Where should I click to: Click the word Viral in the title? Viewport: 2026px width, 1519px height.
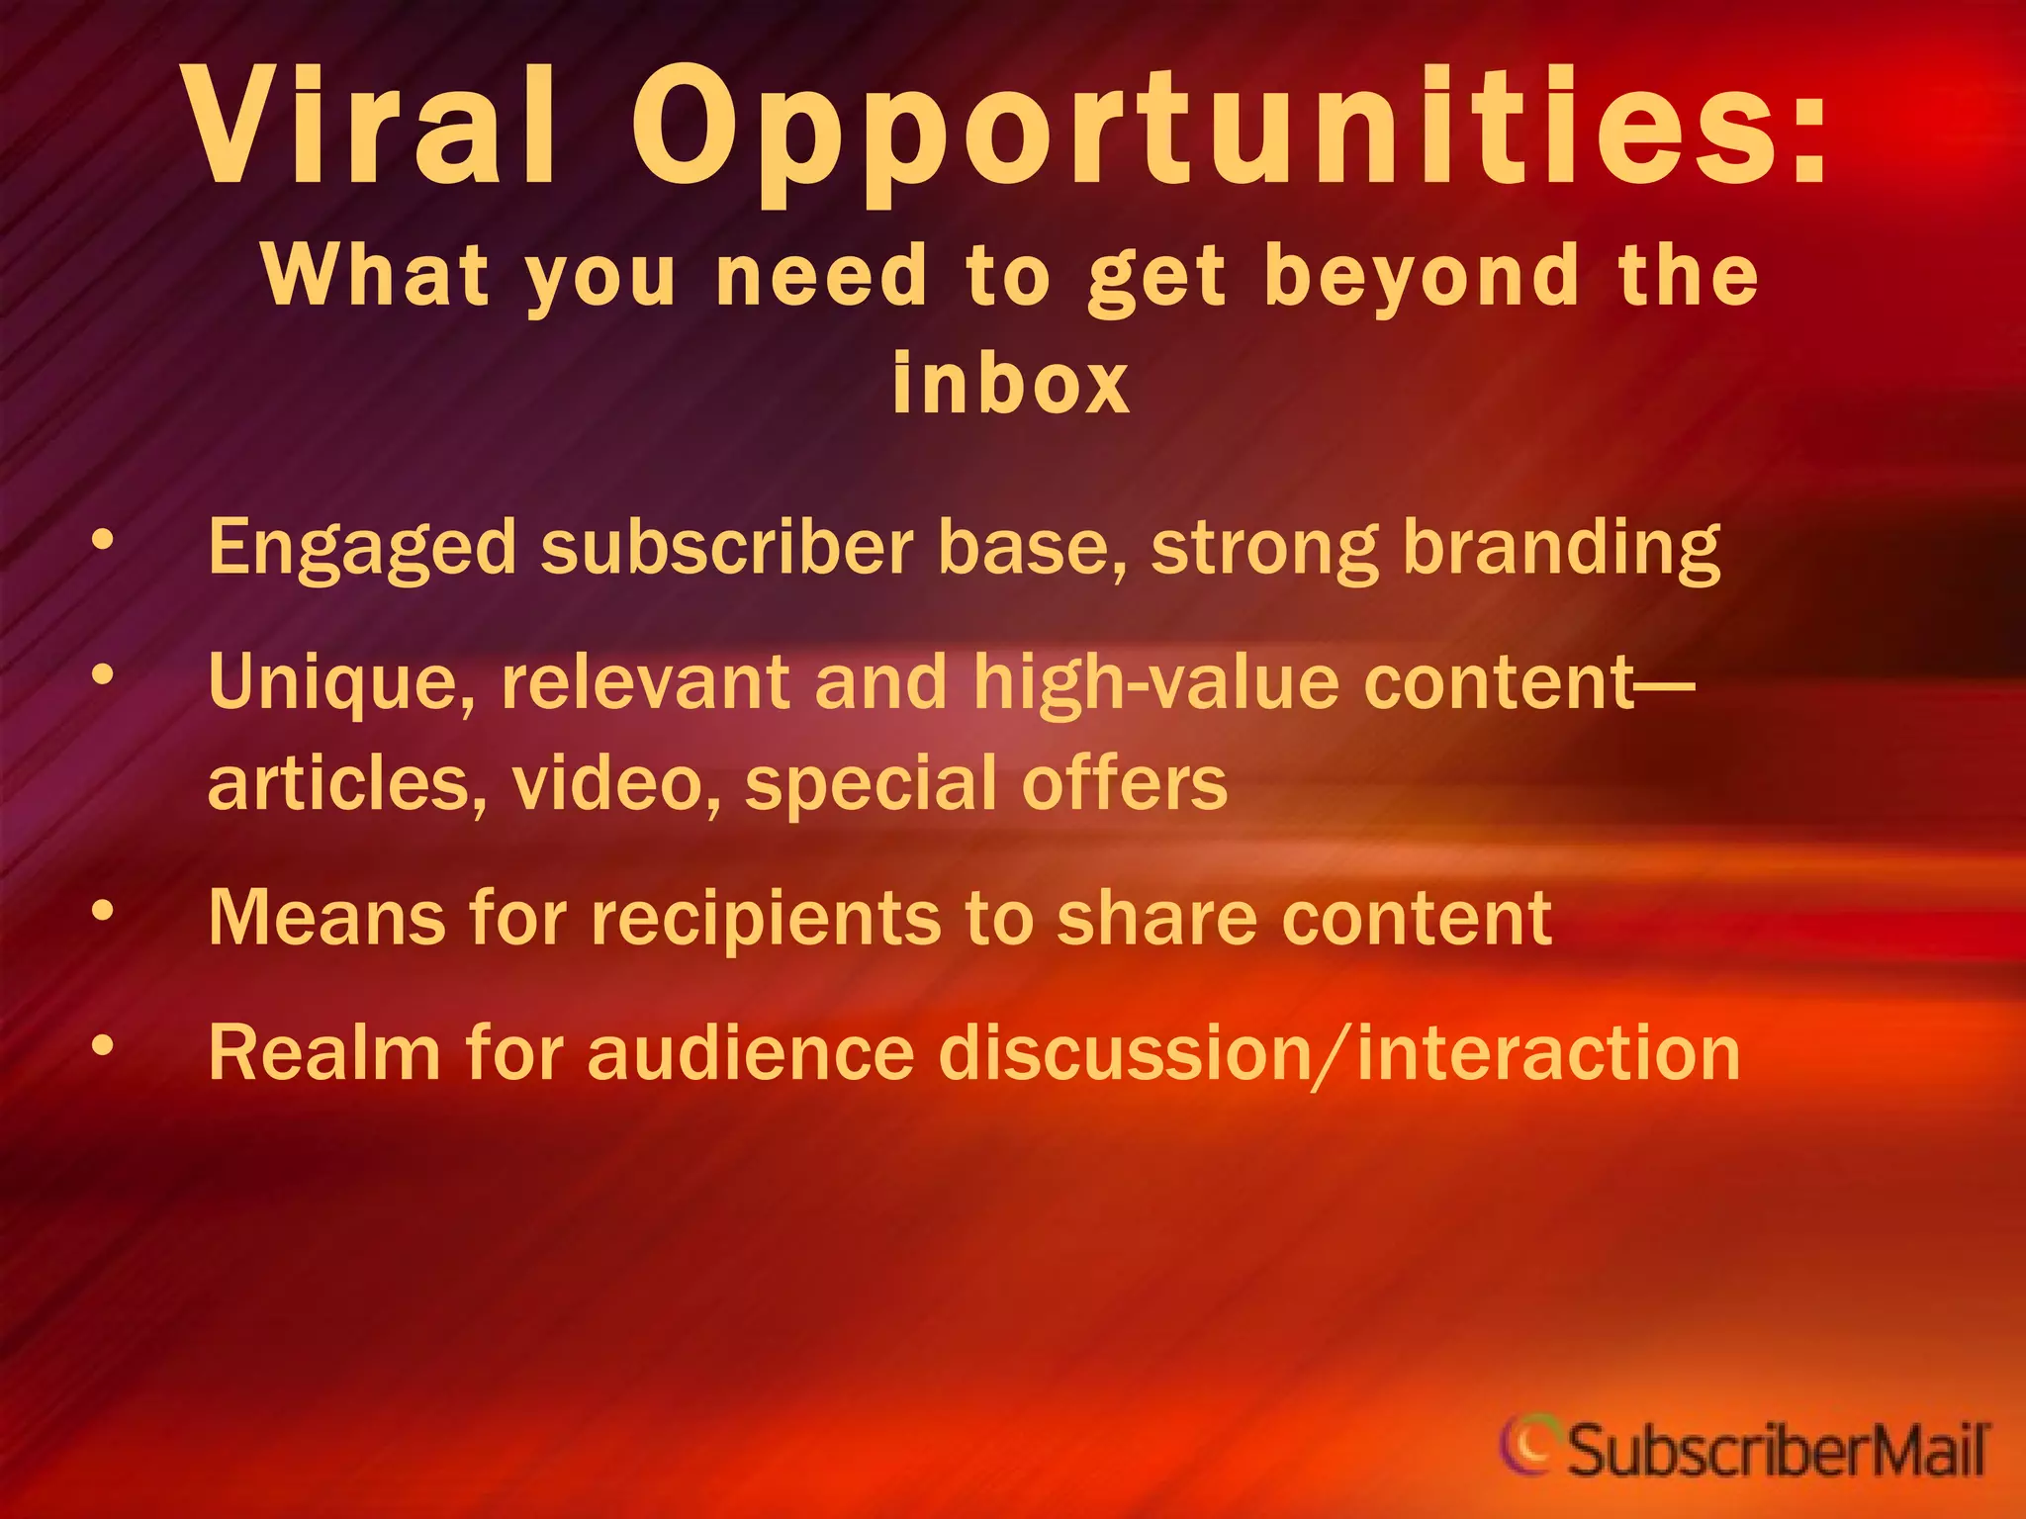[x=372, y=127]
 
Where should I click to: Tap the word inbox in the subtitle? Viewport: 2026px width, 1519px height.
[x=1010, y=384]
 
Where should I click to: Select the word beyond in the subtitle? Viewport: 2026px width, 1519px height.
[x=1423, y=279]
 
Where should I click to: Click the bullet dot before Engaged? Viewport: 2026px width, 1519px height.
[x=102, y=540]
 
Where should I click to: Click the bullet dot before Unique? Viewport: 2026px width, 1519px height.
[x=102, y=675]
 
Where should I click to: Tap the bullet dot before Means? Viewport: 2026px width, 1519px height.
[x=102, y=911]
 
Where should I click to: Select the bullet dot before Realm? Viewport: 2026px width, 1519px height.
[x=102, y=1045]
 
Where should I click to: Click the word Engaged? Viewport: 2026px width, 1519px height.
[x=362, y=549]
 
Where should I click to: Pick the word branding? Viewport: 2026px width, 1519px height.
[x=1562, y=549]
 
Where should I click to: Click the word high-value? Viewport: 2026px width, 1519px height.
[x=1155, y=683]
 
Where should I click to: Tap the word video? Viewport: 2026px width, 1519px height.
[x=615, y=784]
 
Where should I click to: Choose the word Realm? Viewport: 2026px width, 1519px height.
[x=324, y=1054]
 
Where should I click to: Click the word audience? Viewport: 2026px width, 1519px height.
[x=751, y=1054]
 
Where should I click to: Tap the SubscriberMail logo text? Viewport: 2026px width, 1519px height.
[x=1777, y=1452]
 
